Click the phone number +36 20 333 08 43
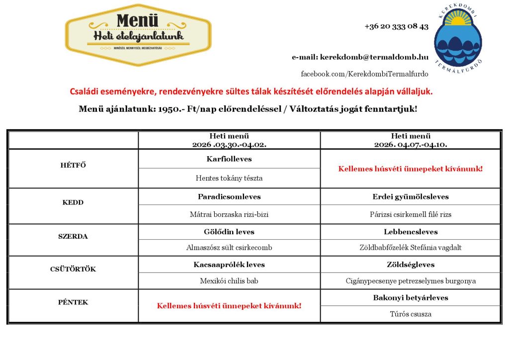coord(396,26)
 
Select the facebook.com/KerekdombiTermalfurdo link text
coord(364,74)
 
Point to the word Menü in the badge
coord(138,21)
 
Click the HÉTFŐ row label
coord(73,166)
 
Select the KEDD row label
coord(73,202)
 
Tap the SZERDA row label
coord(73,236)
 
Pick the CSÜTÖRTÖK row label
coord(73,269)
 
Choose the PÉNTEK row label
coord(73,302)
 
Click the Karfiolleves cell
coord(229,159)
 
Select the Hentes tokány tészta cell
coord(229,178)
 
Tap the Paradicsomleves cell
coord(229,196)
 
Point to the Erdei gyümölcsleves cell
coord(411,196)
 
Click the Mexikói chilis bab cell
coord(229,281)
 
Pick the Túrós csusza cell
coord(411,314)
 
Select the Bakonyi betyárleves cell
coord(411,298)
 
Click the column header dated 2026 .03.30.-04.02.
coord(229,140)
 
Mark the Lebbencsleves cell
coord(411,232)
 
